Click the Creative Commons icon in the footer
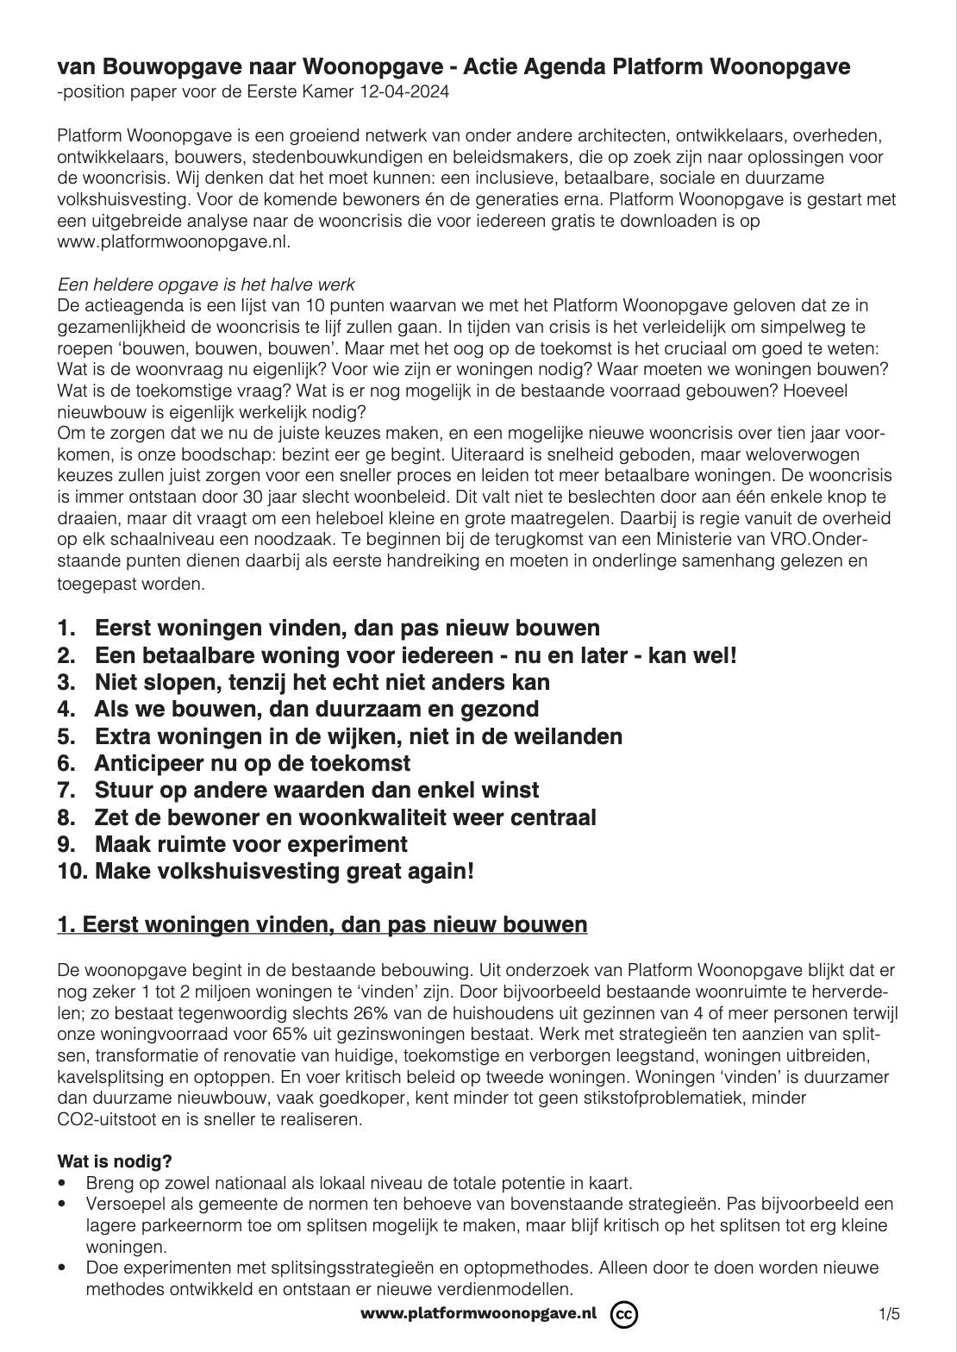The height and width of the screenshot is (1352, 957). coord(623,1314)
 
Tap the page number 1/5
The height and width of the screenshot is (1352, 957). coord(889,1315)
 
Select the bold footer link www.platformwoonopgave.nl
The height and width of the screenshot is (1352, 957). coord(478,1313)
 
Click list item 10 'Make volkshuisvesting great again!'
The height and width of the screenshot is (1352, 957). coord(266,871)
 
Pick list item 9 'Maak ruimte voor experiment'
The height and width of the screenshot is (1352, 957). coord(233,843)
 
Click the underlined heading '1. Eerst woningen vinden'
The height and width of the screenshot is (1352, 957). coord(322,925)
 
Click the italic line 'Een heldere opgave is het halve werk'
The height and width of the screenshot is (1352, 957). coord(206,285)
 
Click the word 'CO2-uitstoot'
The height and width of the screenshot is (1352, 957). coord(98,1120)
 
